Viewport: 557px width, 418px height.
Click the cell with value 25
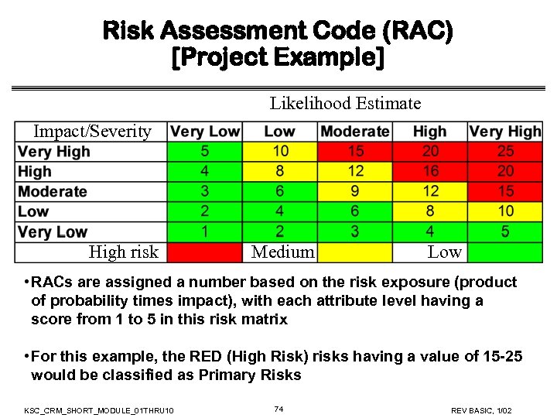[505, 152]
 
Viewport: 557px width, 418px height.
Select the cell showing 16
[431, 172]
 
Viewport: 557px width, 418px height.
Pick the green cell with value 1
[204, 231]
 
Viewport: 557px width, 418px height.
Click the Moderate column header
[355, 132]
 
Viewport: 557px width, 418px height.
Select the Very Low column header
[205, 132]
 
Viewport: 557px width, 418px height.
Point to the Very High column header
[505, 132]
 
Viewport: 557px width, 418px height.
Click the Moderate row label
[53, 192]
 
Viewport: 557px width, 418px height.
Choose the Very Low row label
[53, 231]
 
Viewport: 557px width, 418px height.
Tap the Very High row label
[54, 152]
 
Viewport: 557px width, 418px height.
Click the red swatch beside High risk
[205, 252]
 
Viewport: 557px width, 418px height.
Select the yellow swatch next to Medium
[355, 252]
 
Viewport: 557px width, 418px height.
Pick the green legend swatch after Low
[505, 252]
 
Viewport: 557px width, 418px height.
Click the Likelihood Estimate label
[345, 103]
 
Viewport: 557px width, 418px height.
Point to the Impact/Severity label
[92, 131]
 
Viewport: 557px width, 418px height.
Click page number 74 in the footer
[279, 409]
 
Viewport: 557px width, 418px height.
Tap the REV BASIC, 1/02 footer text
[480, 409]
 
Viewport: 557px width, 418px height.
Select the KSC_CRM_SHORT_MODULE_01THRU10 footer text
[99, 409]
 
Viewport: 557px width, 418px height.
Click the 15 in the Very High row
[355, 152]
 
